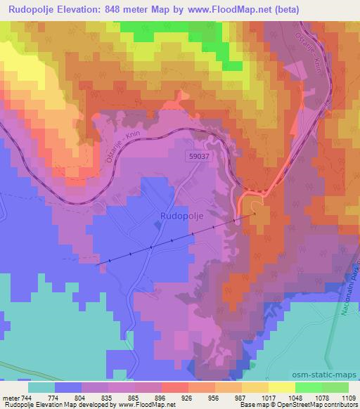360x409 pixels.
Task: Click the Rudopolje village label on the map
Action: pos(182,216)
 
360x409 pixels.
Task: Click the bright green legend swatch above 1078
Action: pos(308,387)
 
